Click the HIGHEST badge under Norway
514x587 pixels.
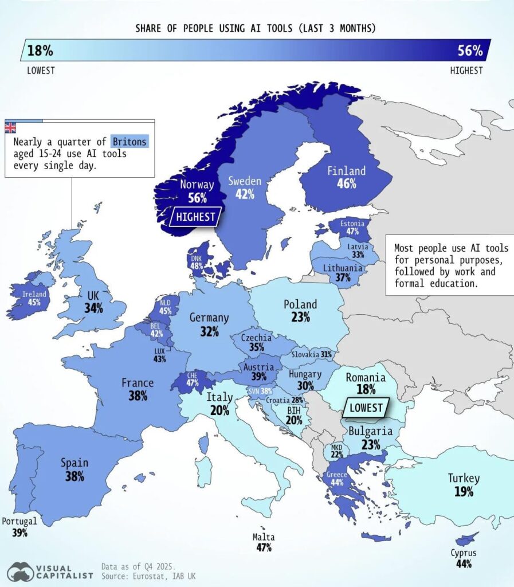196,217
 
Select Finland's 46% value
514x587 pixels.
347,184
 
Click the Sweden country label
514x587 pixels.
245,181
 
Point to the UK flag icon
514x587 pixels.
10,127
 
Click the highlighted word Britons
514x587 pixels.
130,141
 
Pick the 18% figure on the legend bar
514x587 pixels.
40,50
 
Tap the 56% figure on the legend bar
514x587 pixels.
470,50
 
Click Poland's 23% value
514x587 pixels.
300,316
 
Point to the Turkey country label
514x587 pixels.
464,479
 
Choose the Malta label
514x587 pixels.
264,537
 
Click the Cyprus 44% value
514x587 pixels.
464,564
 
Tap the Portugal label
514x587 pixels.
19,521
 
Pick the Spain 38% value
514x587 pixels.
74,476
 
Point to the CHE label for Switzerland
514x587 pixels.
192,375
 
